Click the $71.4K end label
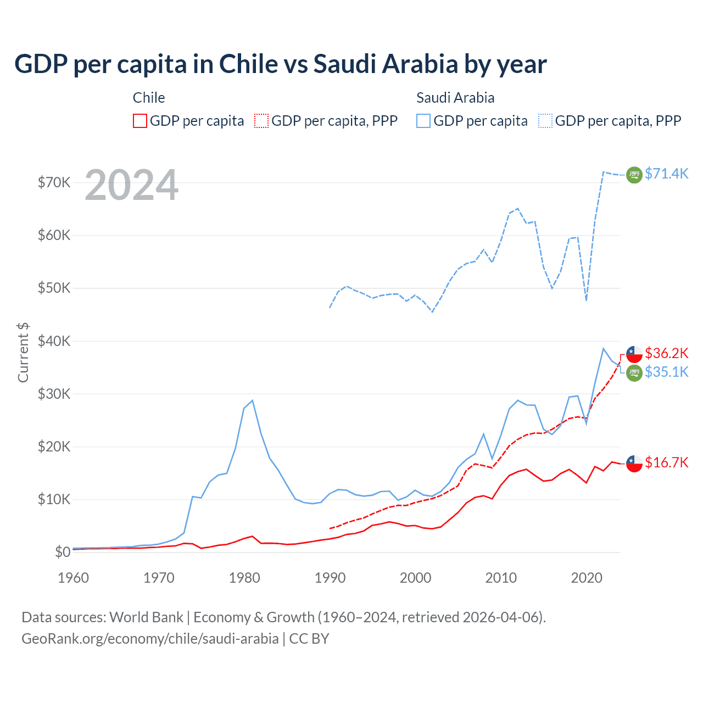[666, 174]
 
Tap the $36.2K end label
[666, 353]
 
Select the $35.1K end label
[666, 372]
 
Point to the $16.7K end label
[666, 462]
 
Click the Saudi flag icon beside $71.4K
[634, 175]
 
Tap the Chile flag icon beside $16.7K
[634, 463]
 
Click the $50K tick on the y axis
[54, 288]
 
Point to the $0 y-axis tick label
[63, 552]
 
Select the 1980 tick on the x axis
[244, 578]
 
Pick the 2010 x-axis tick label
[501, 578]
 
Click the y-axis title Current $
[23, 353]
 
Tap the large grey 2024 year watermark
[131, 185]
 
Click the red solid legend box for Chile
[140, 121]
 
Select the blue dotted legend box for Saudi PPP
[545, 121]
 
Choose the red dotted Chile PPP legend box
[261, 121]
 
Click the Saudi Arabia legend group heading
[455, 98]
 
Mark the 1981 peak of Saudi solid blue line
[252, 400]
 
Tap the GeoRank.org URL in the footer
[150, 639]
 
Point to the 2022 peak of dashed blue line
[604, 172]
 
